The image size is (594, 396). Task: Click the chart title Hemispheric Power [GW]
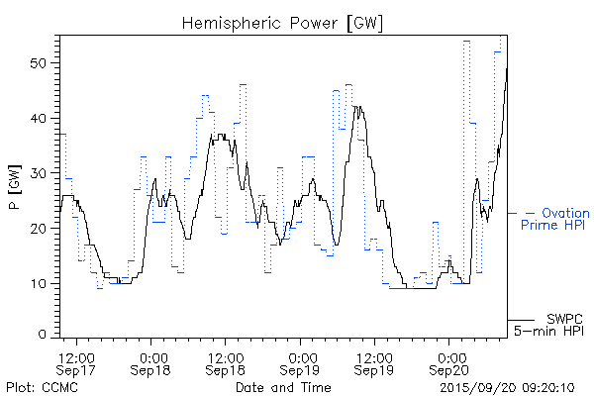283,21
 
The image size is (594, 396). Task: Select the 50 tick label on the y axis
45,62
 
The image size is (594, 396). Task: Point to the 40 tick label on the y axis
45,118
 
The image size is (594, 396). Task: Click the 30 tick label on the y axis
45,173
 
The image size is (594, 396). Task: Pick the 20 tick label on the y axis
45,229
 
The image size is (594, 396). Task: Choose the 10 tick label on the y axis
45,284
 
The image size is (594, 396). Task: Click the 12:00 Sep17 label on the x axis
77,362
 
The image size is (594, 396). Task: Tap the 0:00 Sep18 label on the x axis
152,362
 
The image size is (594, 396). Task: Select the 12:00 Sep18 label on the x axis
226,362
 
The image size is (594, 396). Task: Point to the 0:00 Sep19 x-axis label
301,362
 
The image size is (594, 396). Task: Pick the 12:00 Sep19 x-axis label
374,362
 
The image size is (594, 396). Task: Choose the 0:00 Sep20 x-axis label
449,362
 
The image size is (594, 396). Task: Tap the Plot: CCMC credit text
40,385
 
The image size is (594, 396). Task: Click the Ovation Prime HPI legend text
554,219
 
